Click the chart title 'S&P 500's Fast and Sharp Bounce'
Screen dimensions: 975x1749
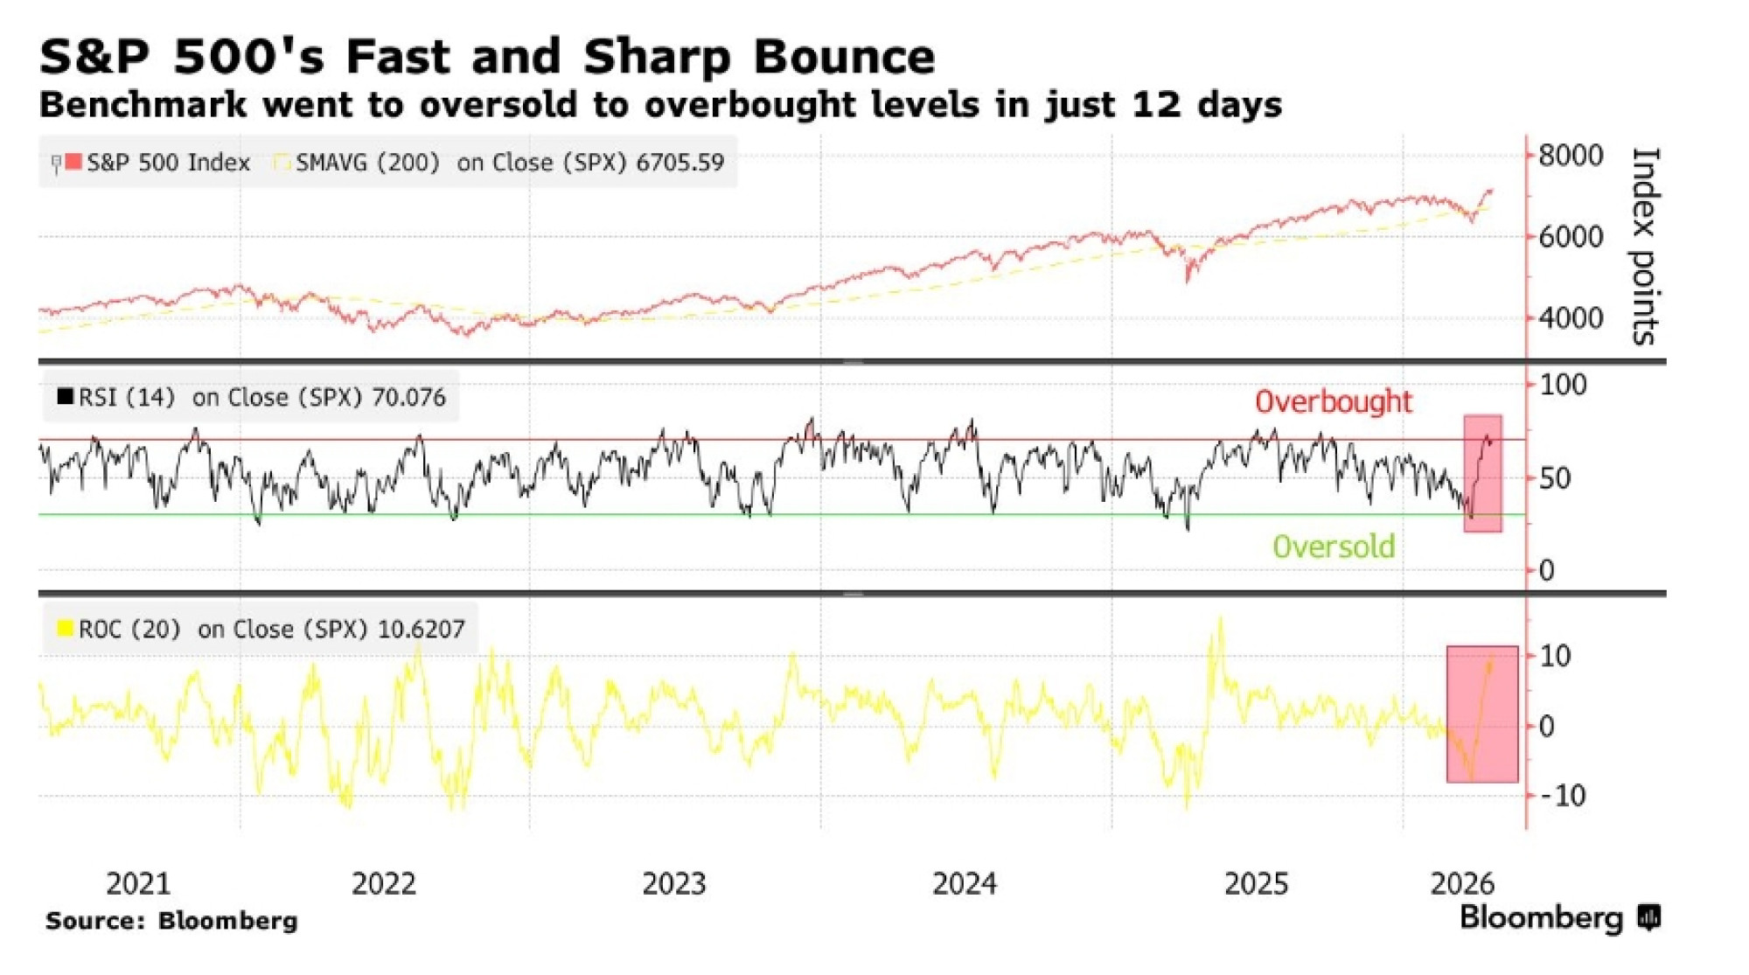click(486, 57)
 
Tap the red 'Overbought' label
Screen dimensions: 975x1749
click(1333, 401)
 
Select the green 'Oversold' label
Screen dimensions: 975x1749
click(1333, 547)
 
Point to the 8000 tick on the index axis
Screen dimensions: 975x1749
click(1570, 156)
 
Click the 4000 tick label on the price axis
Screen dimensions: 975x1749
click(1570, 317)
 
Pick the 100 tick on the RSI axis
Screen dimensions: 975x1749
click(1562, 385)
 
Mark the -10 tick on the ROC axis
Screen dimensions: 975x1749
click(1562, 796)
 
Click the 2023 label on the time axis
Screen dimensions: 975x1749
click(673, 883)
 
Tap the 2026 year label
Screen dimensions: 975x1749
click(1462, 883)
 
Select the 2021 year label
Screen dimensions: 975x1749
click(138, 883)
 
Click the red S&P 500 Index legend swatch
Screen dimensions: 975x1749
click(73, 162)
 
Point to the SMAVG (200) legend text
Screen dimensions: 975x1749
click(367, 163)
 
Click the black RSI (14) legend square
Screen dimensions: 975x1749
click(65, 396)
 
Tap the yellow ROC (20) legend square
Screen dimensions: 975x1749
click(65, 628)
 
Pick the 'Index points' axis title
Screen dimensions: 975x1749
click(1645, 245)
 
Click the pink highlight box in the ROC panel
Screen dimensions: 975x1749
click(1481, 714)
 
